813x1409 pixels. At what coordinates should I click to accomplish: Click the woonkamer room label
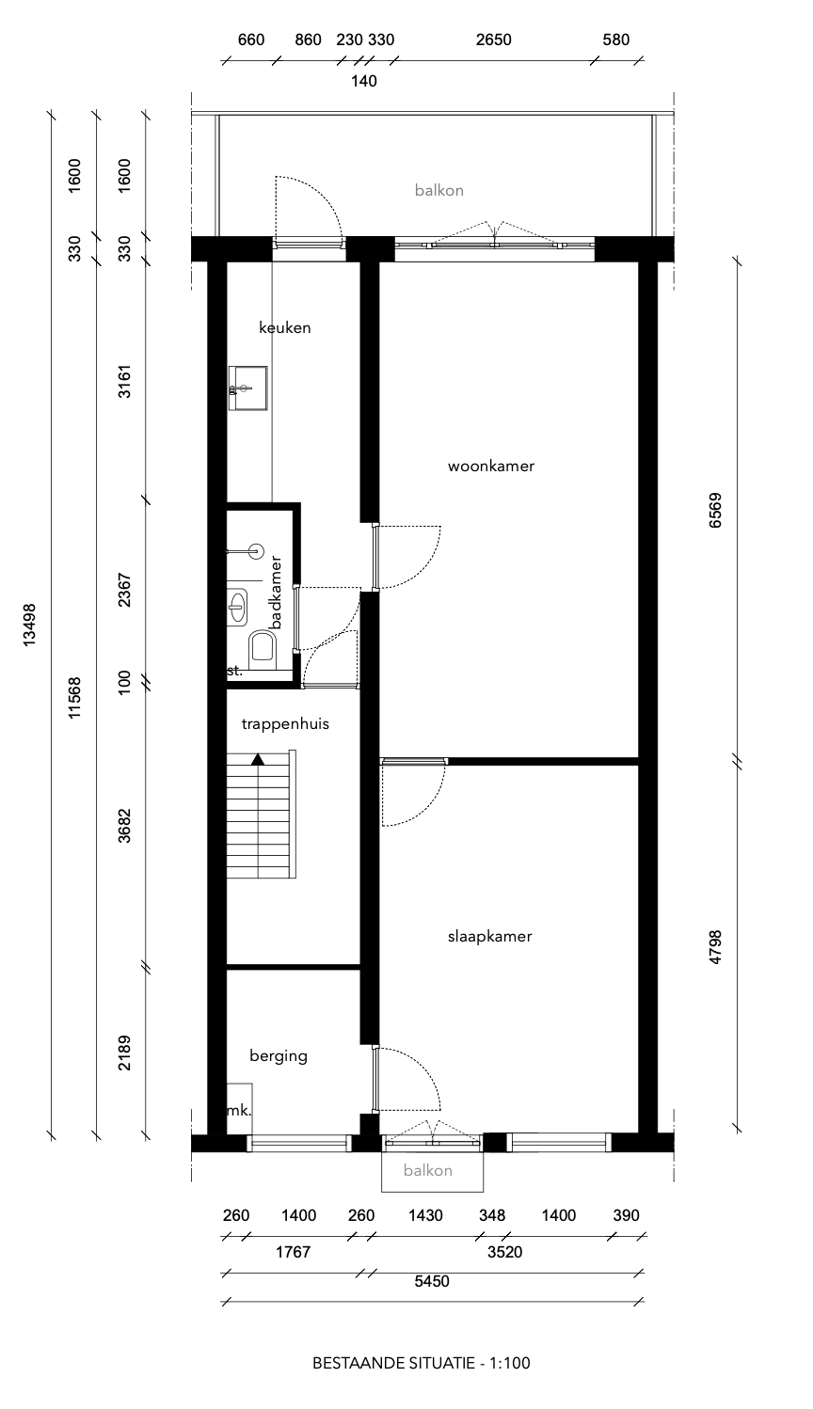(x=490, y=467)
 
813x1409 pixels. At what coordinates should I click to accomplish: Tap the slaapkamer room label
(x=489, y=937)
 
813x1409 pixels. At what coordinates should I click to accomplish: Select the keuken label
(x=284, y=328)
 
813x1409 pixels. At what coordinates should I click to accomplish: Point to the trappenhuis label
(x=285, y=724)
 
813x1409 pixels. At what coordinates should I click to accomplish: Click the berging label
(x=278, y=1056)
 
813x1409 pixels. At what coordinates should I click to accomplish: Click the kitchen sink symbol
(x=247, y=388)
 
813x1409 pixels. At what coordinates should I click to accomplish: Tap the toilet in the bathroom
(x=262, y=647)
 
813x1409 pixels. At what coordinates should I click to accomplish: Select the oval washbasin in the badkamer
(x=236, y=607)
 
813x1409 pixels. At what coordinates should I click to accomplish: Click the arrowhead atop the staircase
(x=258, y=757)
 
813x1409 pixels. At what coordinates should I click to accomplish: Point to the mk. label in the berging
(x=239, y=1111)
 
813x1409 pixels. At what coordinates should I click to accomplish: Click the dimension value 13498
(x=30, y=624)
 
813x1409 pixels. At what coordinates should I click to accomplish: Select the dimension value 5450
(x=433, y=1281)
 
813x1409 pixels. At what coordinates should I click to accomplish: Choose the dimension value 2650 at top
(x=493, y=40)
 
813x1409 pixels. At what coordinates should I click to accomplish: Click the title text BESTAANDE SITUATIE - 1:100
(x=427, y=1362)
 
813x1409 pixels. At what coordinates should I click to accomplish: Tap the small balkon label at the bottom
(x=428, y=1171)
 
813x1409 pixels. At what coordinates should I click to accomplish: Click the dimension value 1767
(x=293, y=1253)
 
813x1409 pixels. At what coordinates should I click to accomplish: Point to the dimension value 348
(x=491, y=1215)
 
